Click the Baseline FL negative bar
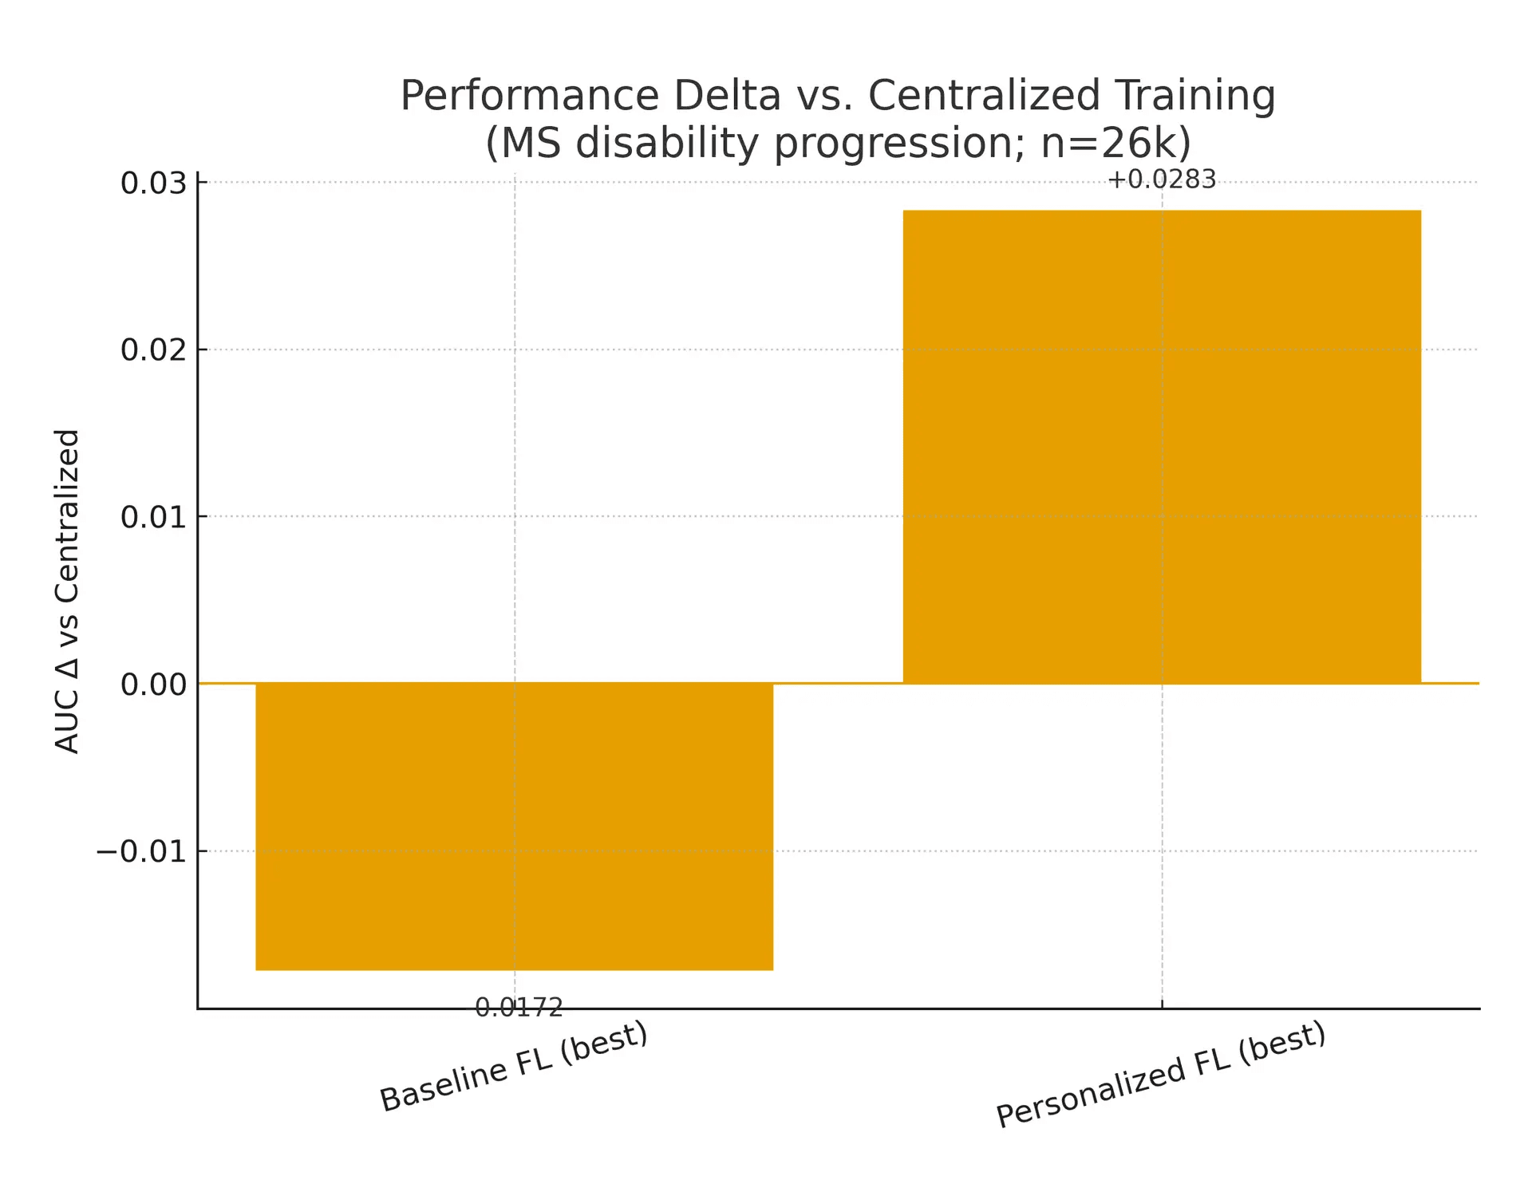[x=514, y=826]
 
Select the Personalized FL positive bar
[x=1162, y=447]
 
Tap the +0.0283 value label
[x=1162, y=180]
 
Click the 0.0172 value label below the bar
[x=519, y=1008]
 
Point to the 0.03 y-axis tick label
[x=152, y=183]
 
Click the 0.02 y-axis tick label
[x=152, y=349]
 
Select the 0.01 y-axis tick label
[x=152, y=517]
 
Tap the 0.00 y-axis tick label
[x=152, y=684]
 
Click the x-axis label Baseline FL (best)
[x=513, y=1067]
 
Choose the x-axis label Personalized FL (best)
[x=1161, y=1074]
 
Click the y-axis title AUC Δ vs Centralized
[x=67, y=590]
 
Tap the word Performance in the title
[x=530, y=96]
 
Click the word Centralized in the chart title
[x=984, y=96]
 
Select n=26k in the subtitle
[x=1108, y=144]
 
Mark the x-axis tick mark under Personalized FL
[x=1162, y=1004]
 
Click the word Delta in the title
[x=726, y=96]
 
